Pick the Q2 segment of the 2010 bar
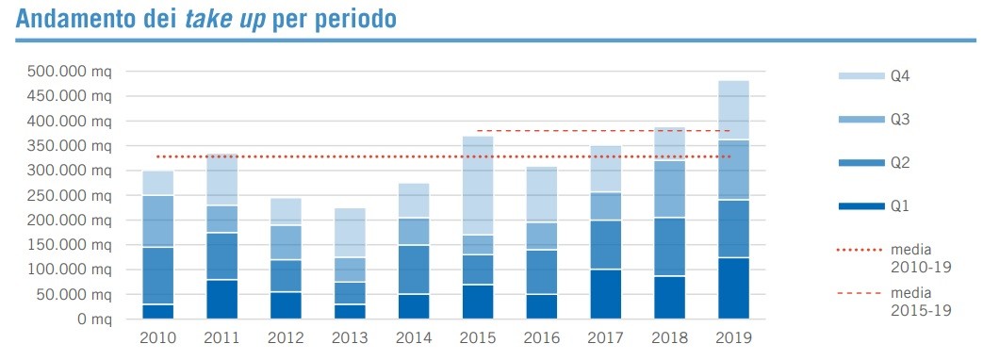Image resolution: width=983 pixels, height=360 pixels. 157,275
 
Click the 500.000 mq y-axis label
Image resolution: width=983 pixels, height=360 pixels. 73,72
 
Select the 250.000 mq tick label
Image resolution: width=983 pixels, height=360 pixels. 73,195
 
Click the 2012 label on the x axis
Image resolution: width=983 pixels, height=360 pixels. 285,337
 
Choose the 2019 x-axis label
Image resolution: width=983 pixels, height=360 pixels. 732,337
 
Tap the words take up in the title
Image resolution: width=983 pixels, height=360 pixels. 226,19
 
